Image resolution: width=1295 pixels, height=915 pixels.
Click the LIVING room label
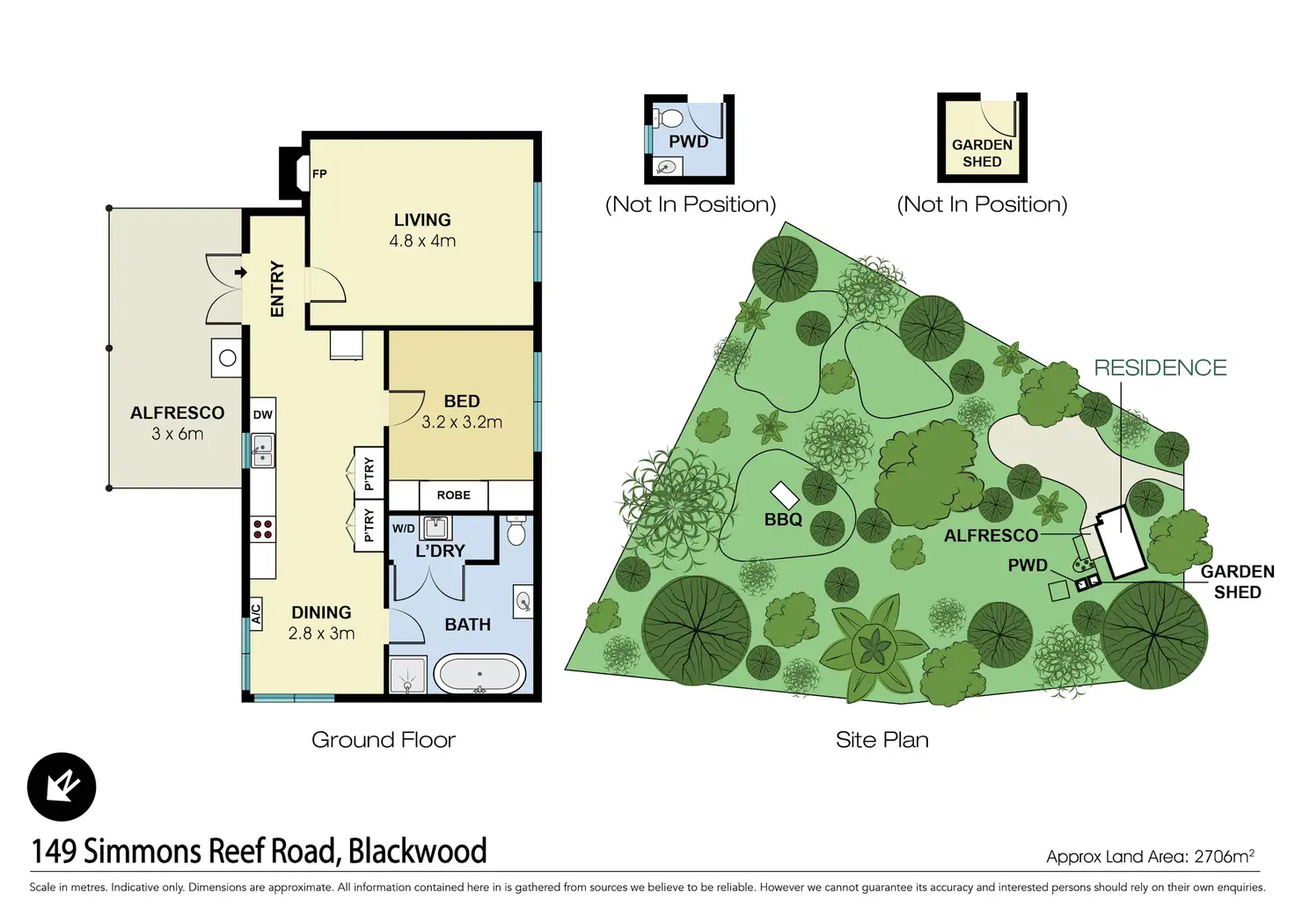coord(422,221)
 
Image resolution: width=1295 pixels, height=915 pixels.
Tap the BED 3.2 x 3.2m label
coord(462,412)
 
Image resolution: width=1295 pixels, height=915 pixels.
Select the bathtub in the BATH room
coord(479,674)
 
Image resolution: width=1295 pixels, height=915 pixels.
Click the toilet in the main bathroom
coord(516,532)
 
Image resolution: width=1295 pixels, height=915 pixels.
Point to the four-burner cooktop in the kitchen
coord(262,529)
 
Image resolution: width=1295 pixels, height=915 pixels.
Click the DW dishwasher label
coord(263,415)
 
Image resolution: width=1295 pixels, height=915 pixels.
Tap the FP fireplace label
coord(319,174)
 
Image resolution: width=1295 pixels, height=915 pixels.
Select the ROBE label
coord(453,495)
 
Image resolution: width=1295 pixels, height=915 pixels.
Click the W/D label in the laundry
coord(404,529)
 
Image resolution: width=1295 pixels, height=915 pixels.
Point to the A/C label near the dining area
coord(256,613)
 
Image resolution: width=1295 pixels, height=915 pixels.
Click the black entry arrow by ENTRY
coord(240,273)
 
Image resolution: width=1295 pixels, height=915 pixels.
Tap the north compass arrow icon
coord(62,787)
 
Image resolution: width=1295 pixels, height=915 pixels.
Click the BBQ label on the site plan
coord(783,520)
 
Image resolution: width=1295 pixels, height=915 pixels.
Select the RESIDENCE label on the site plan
coord(1160,368)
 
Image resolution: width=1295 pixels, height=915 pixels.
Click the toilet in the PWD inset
coord(671,118)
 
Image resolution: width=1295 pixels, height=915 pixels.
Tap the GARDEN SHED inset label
coord(982,153)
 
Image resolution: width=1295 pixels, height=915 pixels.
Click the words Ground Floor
coord(384,740)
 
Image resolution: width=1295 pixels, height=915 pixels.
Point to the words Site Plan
coord(882,740)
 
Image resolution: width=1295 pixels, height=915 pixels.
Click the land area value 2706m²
coord(1224,856)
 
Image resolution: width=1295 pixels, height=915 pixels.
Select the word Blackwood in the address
coord(417,852)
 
